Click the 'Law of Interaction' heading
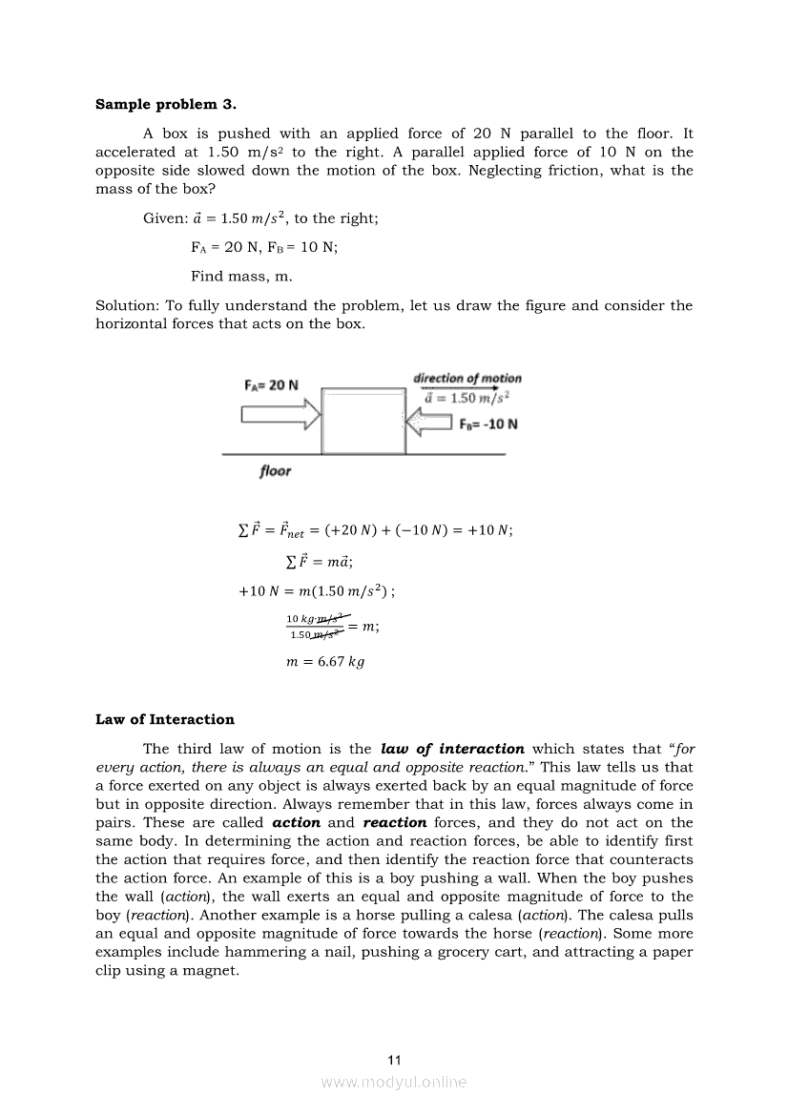pos(164,719)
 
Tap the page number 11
pos(394,1060)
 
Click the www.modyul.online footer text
pos(394,1082)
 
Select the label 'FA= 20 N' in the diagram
pos(272,385)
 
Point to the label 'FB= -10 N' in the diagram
pos(488,423)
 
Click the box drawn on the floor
pos(363,420)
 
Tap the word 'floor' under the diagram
pos(275,471)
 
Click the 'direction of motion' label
pos(467,379)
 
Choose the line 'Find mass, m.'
pos(241,277)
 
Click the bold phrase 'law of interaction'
pos(452,749)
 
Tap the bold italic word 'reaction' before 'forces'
pos(394,822)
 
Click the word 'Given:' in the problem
pos(165,218)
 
